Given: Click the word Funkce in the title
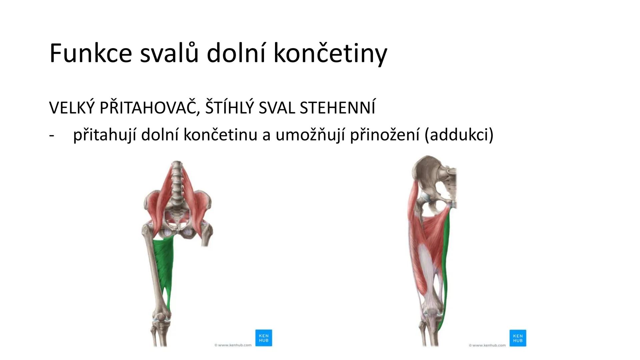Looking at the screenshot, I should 91,53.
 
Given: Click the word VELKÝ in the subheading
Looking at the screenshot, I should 71,107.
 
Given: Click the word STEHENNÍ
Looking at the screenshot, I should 337,108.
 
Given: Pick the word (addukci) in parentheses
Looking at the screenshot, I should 459,135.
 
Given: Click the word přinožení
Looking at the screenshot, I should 385,135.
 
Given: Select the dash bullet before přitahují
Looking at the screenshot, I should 52,135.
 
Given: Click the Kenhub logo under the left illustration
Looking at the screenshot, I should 264,338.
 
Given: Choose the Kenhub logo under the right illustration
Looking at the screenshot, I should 518,338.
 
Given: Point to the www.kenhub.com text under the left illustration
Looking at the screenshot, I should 233,345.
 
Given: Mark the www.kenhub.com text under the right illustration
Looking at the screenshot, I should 487,345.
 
